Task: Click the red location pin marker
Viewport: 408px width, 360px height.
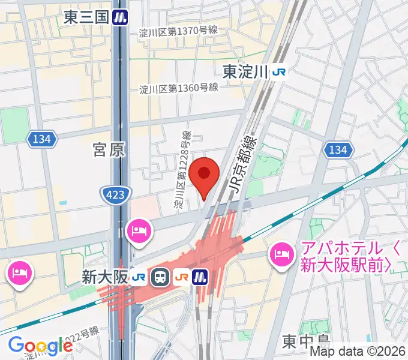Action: click(x=204, y=175)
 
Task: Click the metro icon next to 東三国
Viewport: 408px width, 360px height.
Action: click(x=122, y=17)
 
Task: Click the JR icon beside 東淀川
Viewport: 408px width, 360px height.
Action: click(x=279, y=73)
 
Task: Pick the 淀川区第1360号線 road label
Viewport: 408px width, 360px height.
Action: click(x=178, y=88)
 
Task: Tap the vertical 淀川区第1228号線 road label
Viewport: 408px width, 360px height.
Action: click(x=183, y=170)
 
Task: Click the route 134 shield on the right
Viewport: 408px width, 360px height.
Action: click(x=338, y=149)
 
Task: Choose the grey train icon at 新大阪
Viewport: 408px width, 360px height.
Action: click(x=160, y=277)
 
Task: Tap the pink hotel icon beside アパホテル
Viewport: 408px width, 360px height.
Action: click(x=281, y=255)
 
